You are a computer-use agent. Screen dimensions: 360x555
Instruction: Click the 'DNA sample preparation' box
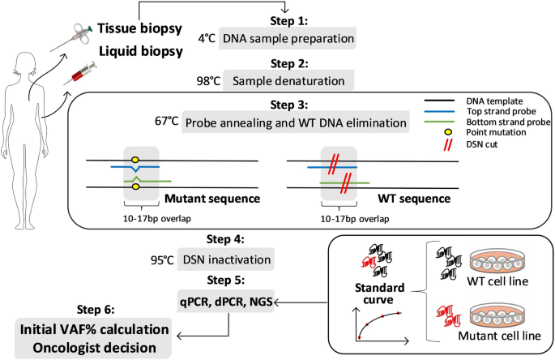click(x=288, y=37)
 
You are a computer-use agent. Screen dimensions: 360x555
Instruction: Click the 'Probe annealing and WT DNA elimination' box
click(x=295, y=123)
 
